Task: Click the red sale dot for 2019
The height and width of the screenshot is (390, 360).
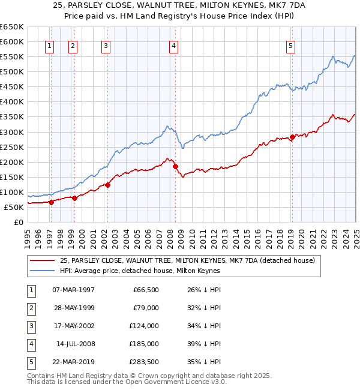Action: pyautogui.click(x=292, y=137)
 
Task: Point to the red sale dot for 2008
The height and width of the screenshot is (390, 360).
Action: pyautogui.click(x=176, y=166)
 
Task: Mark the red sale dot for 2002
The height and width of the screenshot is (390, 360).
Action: pyautogui.click(x=108, y=185)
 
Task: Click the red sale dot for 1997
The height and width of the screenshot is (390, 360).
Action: pyautogui.click(x=51, y=202)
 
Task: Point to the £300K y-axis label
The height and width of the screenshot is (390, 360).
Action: pyautogui.click(x=12, y=132)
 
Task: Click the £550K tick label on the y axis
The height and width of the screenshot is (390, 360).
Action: pyautogui.click(x=12, y=56)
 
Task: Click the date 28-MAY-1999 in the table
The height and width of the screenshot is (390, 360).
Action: pyautogui.click(x=74, y=308)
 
